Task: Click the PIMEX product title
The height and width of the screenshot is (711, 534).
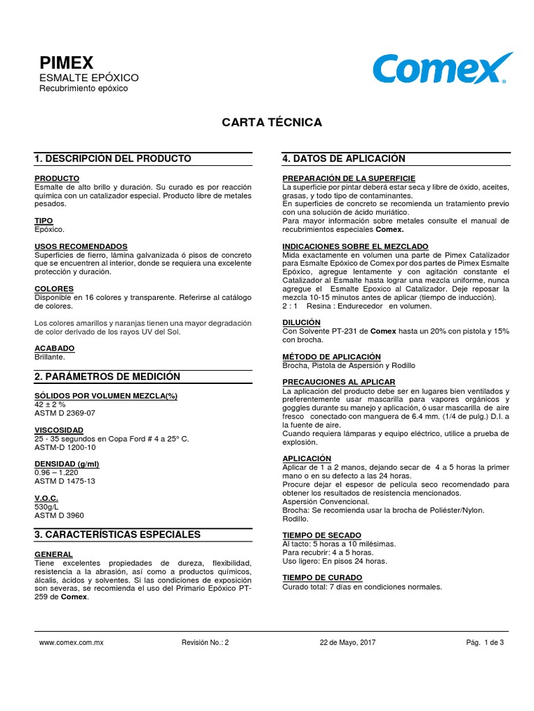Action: click(x=65, y=62)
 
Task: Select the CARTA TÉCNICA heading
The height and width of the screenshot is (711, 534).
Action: click(x=272, y=122)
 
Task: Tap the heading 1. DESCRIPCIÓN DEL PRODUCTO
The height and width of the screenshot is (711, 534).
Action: click(x=113, y=159)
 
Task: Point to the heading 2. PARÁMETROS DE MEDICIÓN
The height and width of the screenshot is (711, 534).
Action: click(x=107, y=376)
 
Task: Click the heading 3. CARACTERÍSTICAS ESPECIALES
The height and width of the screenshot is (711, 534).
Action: click(x=118, y=535)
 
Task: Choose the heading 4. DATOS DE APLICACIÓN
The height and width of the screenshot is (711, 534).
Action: click(x=343, y=159)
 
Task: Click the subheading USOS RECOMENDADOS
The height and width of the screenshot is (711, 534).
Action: click(x=81, y=246)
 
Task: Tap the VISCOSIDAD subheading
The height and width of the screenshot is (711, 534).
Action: click(x=59, y=430)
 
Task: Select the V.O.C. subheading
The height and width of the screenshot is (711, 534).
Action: click(x=46, y=499)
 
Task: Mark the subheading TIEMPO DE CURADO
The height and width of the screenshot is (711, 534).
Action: click(x=322, y=578)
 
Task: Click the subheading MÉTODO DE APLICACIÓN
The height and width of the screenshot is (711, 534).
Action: click(x=332, y=356)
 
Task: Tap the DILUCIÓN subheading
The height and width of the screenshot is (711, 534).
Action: click(x=301, y=322)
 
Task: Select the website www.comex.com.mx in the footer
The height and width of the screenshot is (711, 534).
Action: click(x=72, y=643)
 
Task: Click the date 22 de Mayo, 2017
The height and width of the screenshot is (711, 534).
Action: click(x=348, y=643)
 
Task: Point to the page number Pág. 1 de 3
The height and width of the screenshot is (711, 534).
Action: click(x=485, y=643)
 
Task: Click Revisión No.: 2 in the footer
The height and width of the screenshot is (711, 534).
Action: click(x=204, y=643)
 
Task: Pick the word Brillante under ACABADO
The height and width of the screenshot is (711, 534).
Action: click(x=49, y=357)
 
